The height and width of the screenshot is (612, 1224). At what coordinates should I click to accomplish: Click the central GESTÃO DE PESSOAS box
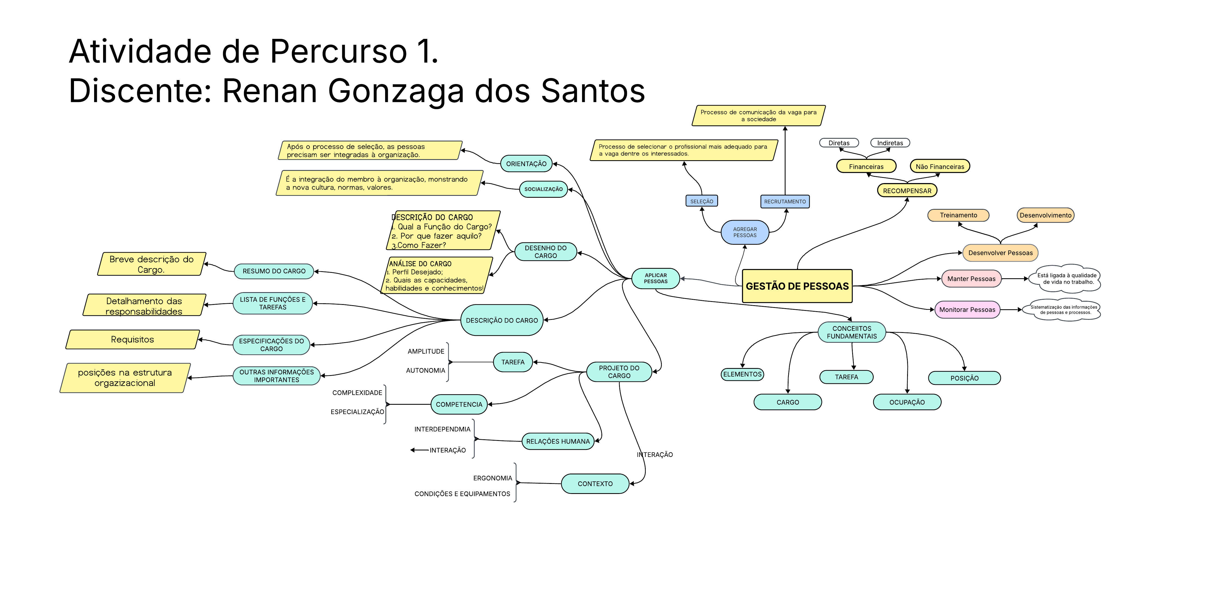click(797, 286)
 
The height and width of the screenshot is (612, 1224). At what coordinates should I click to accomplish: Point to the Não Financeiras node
click(939, 166)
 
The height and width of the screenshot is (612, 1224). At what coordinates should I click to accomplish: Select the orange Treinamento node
click(958, 215)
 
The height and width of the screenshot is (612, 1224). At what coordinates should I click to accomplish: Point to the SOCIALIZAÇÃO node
click(543, 189)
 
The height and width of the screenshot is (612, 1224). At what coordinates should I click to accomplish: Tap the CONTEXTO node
click(595, 484)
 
